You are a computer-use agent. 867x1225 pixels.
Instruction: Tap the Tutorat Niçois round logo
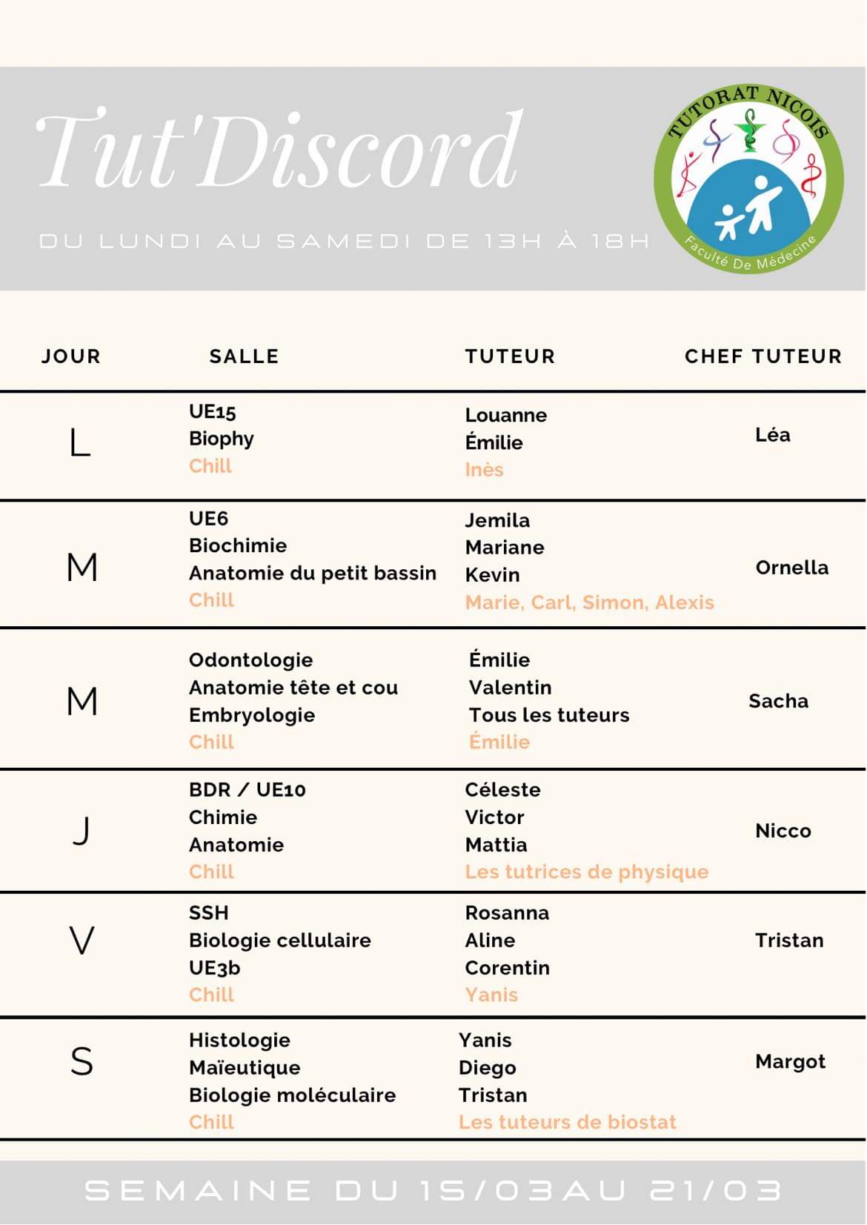pos(748,179)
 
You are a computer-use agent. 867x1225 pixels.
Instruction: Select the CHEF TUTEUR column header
pos(763,356)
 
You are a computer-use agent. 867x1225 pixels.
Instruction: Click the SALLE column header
pos(244,356)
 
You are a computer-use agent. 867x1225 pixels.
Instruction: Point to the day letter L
pos(80,443)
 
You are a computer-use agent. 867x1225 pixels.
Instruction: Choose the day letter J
pos(82,831)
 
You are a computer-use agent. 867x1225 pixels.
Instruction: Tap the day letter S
pos(82,1061)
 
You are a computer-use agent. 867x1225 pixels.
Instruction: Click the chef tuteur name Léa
pos(772,435)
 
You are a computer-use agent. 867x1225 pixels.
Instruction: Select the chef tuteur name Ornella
pos(791,568)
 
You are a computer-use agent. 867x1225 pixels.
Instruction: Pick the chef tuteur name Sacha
pos(778,701)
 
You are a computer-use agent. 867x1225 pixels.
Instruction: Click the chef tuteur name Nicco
pos(783,831)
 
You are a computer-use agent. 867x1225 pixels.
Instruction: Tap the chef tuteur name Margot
pos(790,1062)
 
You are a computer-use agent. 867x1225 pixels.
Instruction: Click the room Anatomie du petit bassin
pos(312,574)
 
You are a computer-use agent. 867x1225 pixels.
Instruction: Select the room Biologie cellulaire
pos(279,940)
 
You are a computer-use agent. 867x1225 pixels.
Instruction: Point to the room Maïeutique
pos(245,1068)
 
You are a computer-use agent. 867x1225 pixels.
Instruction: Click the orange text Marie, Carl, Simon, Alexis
pos(589,602)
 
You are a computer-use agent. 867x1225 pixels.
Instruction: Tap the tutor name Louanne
pos(505,415)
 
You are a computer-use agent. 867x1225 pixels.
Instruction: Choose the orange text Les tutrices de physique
pos(586,872)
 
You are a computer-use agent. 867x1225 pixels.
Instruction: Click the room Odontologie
pos(250,660)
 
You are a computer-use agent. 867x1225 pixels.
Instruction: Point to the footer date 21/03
pos(715,1191)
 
